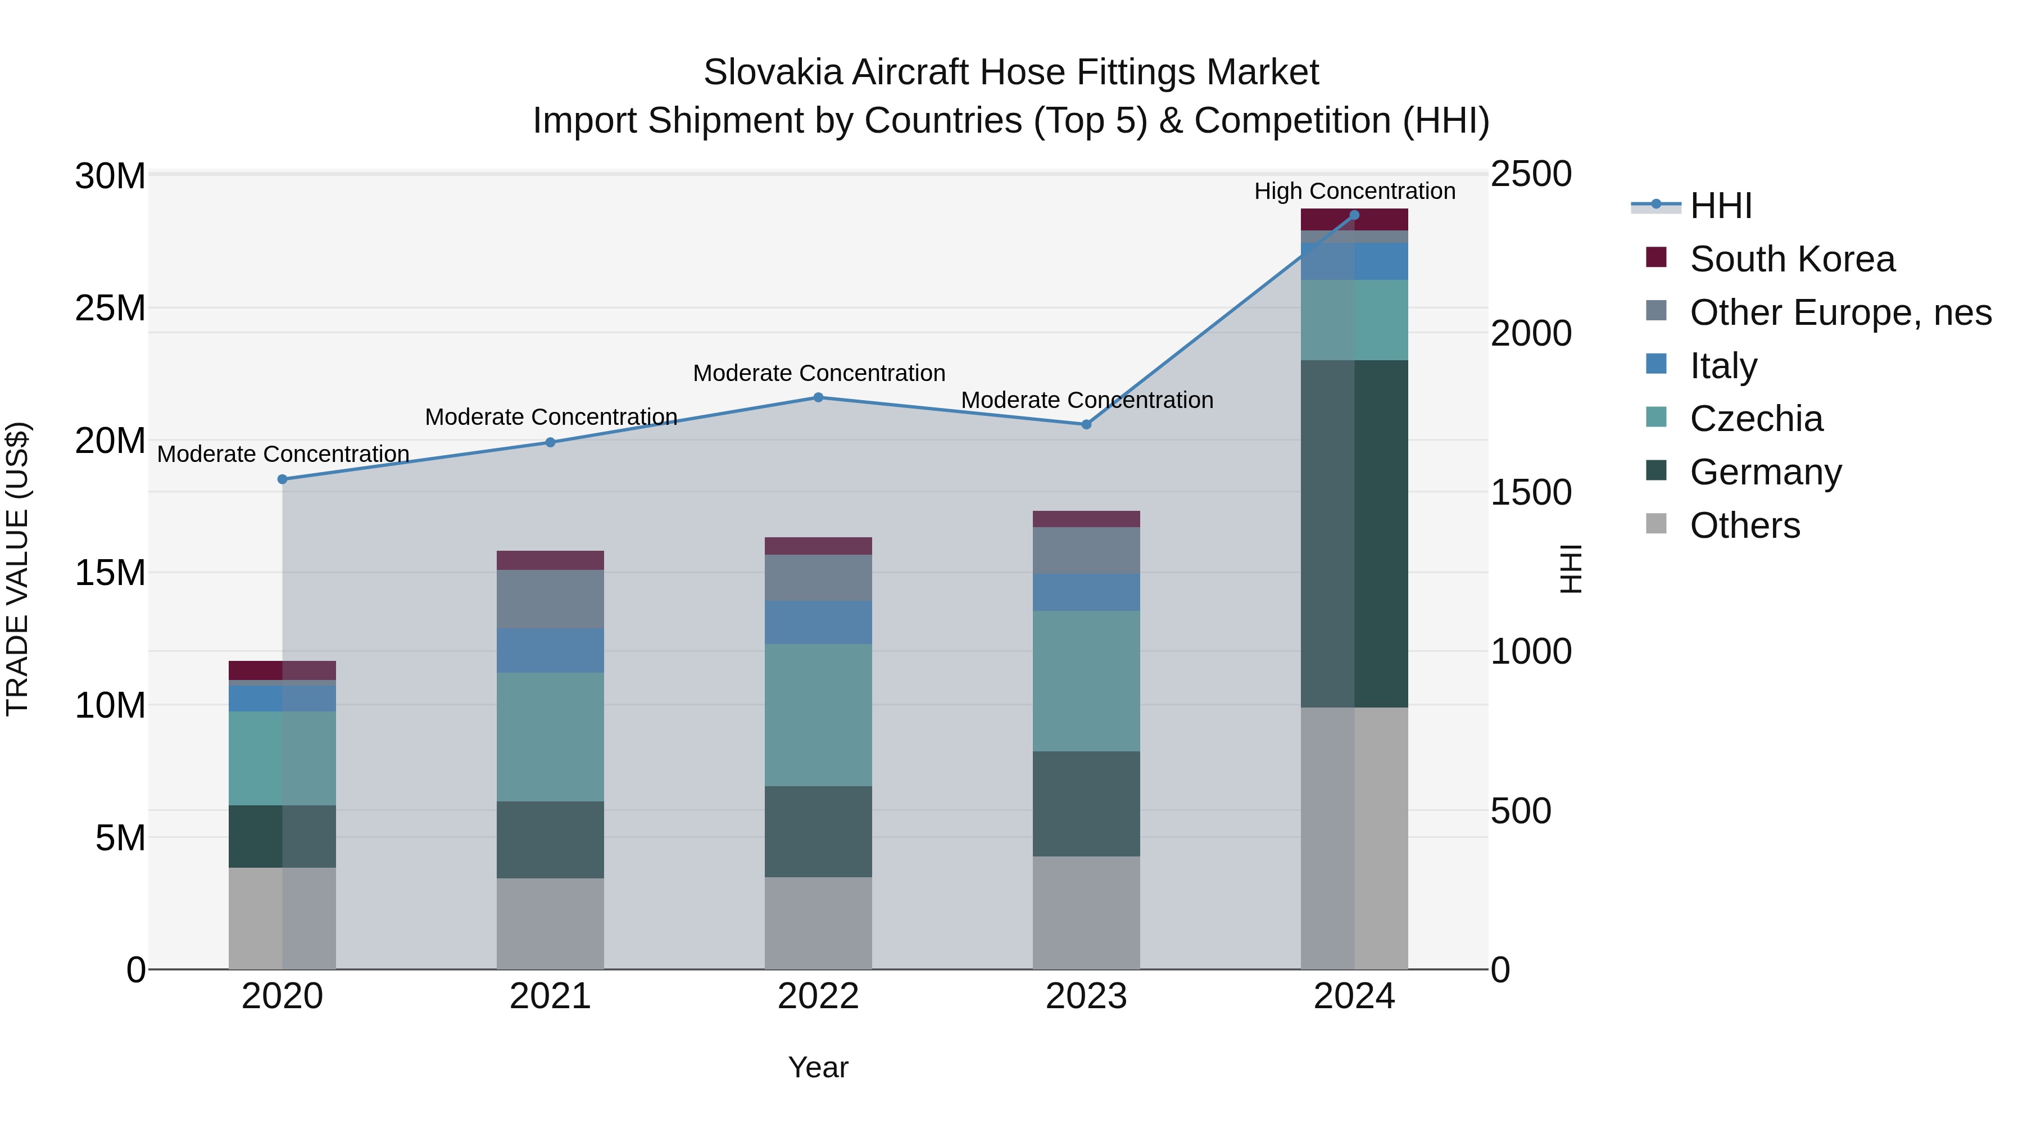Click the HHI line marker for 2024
click(1354, 215)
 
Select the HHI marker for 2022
click(818, 397)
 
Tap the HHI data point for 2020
click(283, 479)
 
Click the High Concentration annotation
click(1354, 191)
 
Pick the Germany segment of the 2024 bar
click(1354, 534)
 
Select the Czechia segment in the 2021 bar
click(550, 737)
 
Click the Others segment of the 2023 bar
click(1086, 913)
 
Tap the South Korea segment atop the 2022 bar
click(818, 546)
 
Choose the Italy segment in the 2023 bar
click(1086, 592)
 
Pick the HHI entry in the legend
click(1720, 206)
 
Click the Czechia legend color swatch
click(1655, 418)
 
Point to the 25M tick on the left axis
click(110, 309)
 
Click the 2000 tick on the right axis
click(1531, 334)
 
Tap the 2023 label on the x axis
click(1086, 996)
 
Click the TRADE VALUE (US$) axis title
click(17, 569)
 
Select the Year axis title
click(818, 1067)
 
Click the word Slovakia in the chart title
click(773, 72)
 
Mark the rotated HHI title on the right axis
click(1570, 569)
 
